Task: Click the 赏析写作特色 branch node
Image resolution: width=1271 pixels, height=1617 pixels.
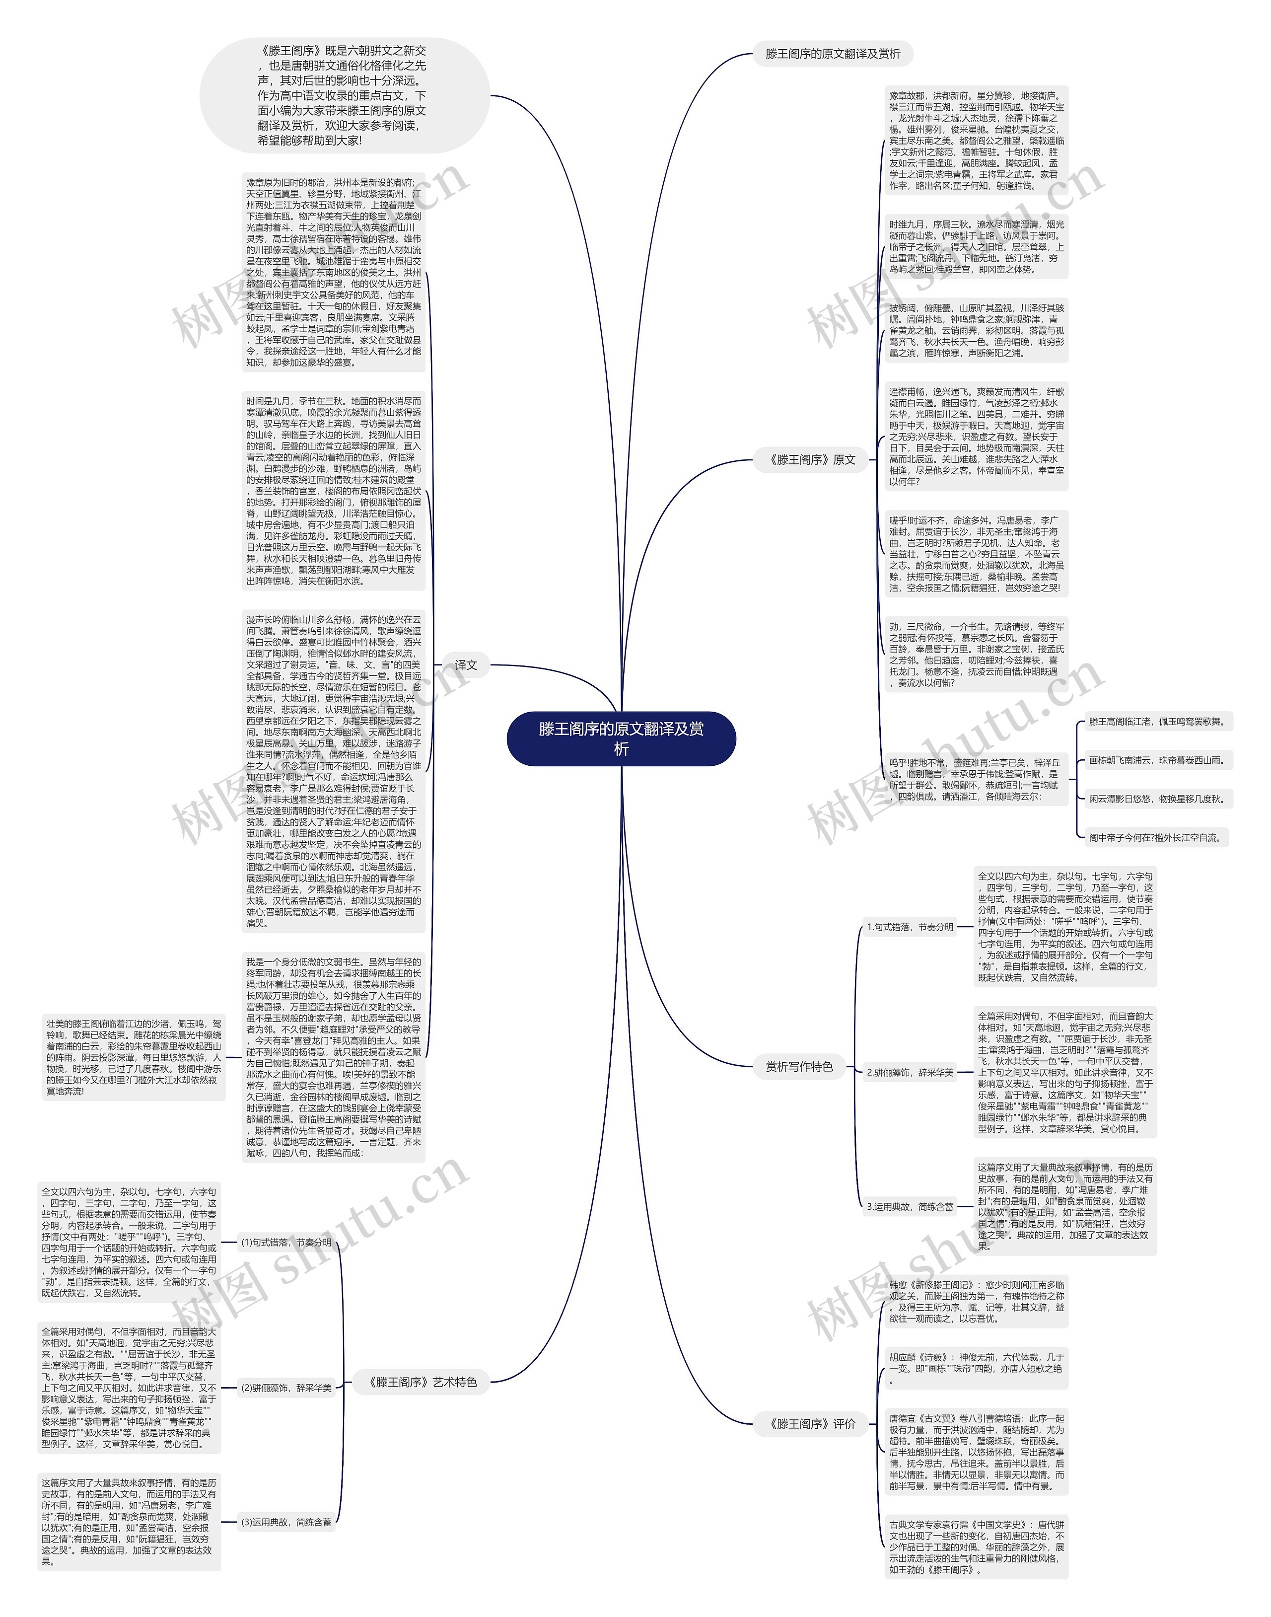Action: point(799,1067)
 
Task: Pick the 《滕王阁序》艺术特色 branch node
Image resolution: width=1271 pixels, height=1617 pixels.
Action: point(423,1382)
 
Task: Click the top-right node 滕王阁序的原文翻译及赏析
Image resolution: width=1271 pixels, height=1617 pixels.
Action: point(832,54)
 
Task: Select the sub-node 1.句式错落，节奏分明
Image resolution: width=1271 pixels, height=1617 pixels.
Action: point(910,927)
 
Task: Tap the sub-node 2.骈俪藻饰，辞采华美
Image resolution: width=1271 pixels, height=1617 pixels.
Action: point(910,1072)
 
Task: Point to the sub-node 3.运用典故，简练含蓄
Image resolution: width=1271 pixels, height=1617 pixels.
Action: point(910,1207)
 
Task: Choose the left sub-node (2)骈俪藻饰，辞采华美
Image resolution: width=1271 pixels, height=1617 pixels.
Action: point(286,1387)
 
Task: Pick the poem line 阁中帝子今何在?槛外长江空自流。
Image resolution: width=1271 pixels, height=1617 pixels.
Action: point(1155,837)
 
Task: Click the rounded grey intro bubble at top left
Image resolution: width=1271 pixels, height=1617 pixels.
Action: point(344,95)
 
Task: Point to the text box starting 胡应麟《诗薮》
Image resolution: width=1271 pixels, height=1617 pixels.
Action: point(976,1368)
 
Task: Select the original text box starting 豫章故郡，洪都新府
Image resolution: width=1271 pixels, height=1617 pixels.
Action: point(976,140)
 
